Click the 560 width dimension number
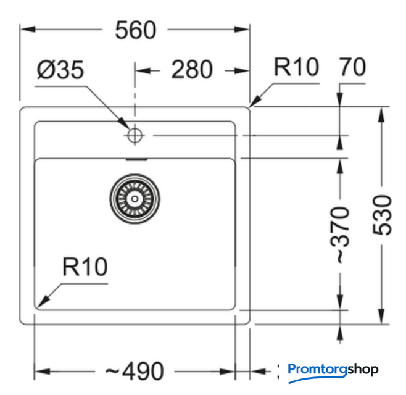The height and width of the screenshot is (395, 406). (136, 30)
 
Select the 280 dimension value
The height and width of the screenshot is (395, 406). (192, 69)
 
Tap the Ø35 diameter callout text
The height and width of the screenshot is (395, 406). (60, 69)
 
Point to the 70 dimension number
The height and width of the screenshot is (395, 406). (352, 67)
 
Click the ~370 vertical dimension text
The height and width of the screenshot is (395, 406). (340, 235)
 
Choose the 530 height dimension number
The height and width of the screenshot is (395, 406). (382, 215)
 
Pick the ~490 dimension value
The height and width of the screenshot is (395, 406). (135, 371)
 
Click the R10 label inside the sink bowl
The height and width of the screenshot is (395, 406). (85, 267)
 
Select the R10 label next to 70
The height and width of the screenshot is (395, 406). (296, 67)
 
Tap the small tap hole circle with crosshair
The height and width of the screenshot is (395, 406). (135, 135)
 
